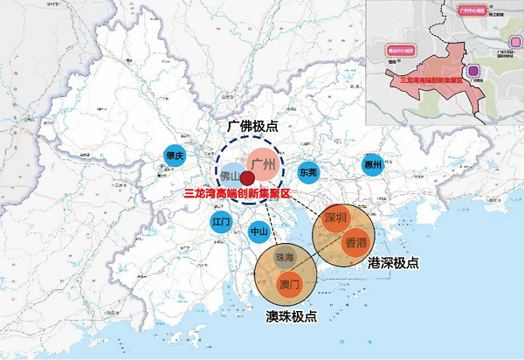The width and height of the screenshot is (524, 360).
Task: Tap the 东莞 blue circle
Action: tap(308, 172)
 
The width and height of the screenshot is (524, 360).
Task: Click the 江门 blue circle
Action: tap(221, 222)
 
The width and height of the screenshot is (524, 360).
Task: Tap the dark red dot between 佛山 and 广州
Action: tap(247, 179)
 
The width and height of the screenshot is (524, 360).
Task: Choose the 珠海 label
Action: tap(286, 258)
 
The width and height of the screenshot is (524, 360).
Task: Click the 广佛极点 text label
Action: tap(252, 127)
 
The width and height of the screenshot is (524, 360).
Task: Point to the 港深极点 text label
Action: tap(392, 263)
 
